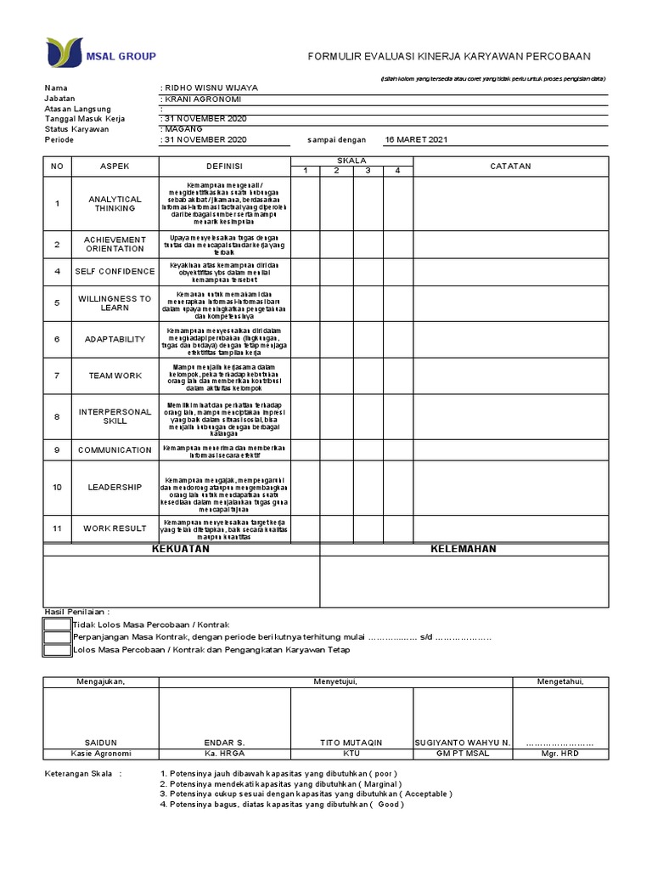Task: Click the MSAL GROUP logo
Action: [x=101, y=55]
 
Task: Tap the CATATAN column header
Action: [x=510, y=167]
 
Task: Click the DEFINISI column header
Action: [x=224, y=167]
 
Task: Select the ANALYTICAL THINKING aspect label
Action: [x=115, y=204]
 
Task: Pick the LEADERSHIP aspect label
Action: [x=115, y=488]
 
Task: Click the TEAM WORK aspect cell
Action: [x=115, y=375]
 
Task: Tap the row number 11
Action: [x=58, y=528]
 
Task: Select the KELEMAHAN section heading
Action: [x=464, y=550]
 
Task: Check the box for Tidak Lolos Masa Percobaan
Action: [x=57, y=624]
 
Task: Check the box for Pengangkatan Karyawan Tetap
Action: [x=57, y=651]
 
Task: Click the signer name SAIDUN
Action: [x=101, y=743]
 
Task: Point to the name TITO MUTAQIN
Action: [x=351, y=743]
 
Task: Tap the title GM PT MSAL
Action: [x=462, y=754]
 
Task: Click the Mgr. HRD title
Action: [x=559, y=754]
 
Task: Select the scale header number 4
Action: [x=396, y=171]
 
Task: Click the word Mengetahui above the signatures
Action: [x=559, y=681]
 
